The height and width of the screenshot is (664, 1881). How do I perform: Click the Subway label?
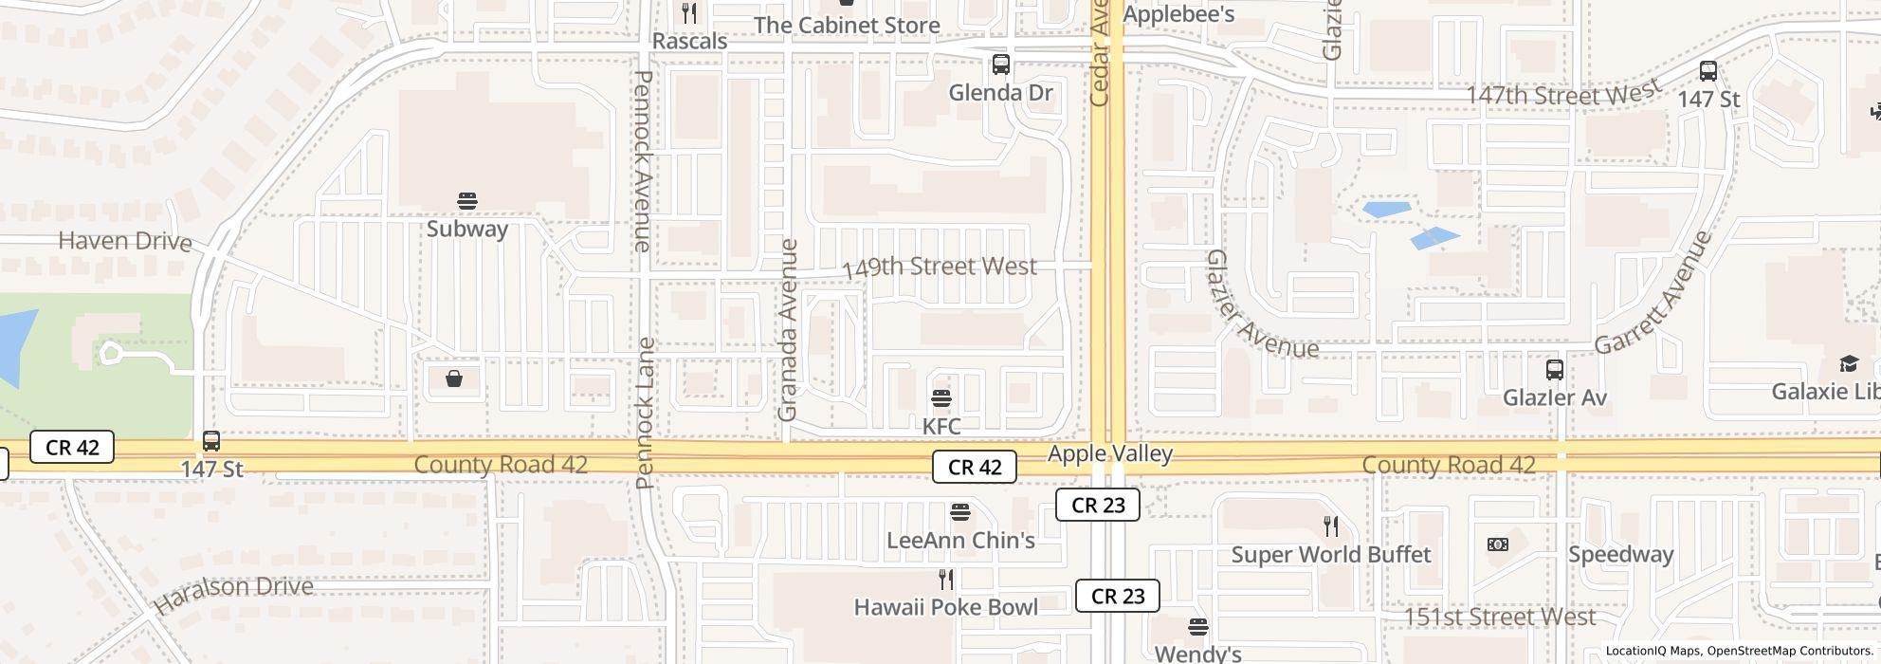pyautogui.click(x=466, y=229)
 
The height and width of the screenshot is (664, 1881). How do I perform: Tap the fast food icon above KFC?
pyautogui.click(x=941, y=397)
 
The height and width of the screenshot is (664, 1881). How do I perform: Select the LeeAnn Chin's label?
pyautogui.click(x=960, y=540)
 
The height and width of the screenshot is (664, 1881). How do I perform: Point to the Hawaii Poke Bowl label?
pyautogui.click(x=945, y=607)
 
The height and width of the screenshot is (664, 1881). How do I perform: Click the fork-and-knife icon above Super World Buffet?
pyautogui.click(x=1331, y=526)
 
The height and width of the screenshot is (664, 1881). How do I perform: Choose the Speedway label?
pyautogui.click(x=1620, y=554)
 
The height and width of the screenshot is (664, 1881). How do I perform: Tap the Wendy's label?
pyautogui.click(x=1197, y=653)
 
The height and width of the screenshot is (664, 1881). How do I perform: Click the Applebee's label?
pyautogui.click(x=1178, y=14)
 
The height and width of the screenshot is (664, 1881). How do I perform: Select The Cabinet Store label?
pyautogui.click(x=847, y=26)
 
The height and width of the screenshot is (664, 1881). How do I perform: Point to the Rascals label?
pyautogui.click(x=690, y=42)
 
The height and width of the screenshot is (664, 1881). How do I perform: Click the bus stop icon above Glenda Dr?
pyautogui.click(x=1000, y=65)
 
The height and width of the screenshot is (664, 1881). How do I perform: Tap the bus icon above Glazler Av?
pyautogui.click(x=1554, y=370)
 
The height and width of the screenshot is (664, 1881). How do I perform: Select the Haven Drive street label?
pyautogui.click(x=125, y=241)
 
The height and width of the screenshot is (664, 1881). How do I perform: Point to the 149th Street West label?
pyautogui.click(x=939, y=267)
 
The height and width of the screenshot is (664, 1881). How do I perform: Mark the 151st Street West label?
pyautogui.click(x=1499, y=618)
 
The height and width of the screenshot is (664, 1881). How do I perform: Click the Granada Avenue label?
pyautogui.click(x=788, y=330)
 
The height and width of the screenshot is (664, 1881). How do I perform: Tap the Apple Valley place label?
pyautogui.click(x=1109, y=453)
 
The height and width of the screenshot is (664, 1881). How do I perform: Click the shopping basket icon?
pyautogui.click(x=454, y=379)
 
